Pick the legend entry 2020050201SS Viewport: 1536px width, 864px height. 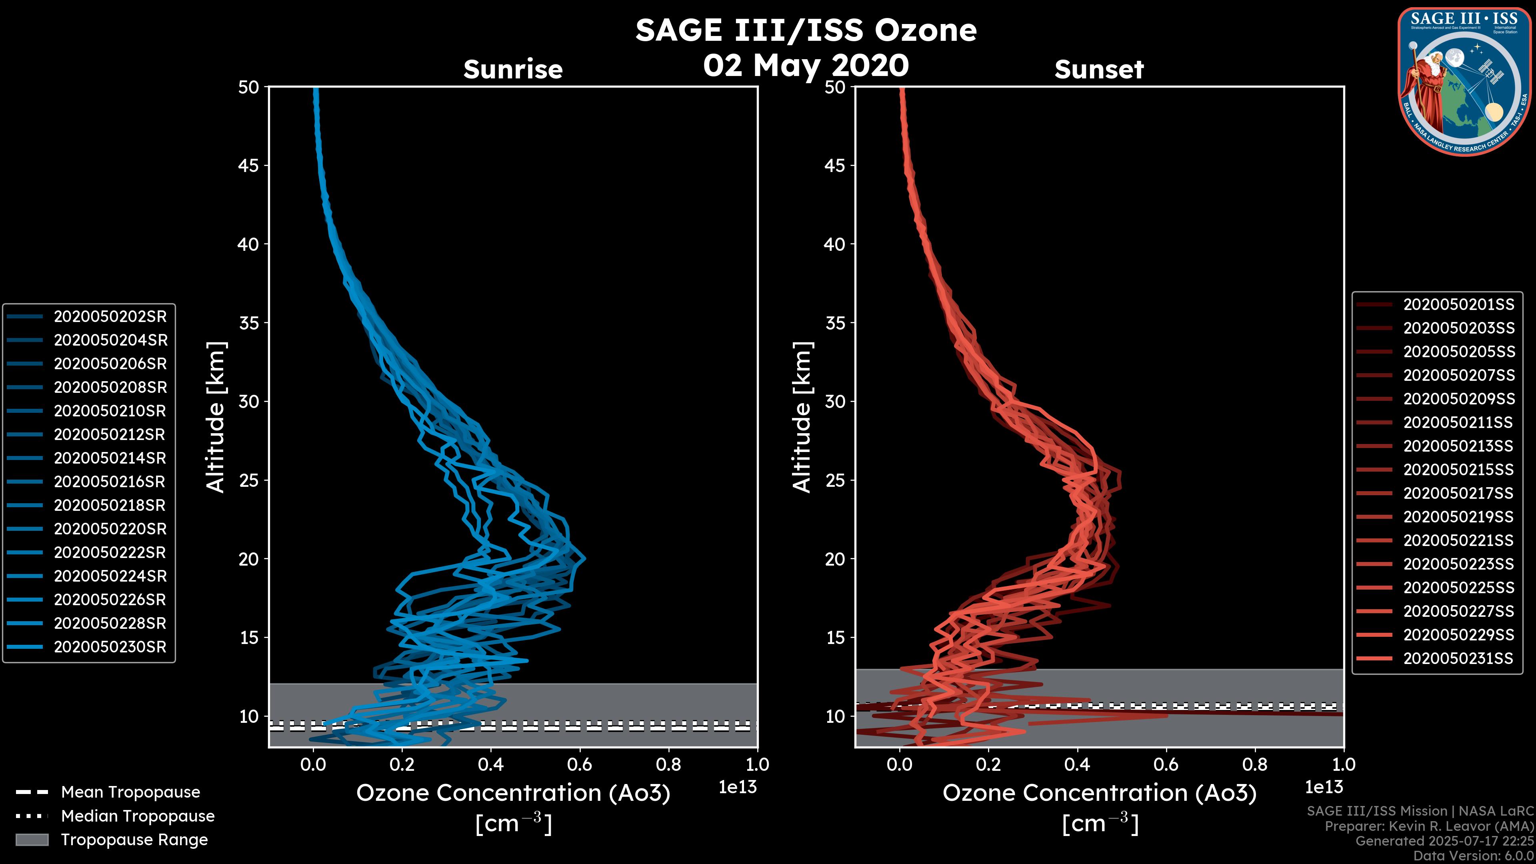tap(1458, 305)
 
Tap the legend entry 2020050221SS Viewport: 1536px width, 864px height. tap(1458, 540)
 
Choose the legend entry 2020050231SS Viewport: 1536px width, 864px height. tap(1458, 658)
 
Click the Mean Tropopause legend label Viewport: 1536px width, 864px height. tap(130, 792)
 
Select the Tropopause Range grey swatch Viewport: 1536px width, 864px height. tap(32, 840)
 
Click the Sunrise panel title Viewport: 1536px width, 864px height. tap(513, 69)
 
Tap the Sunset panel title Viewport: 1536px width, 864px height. tap(1099, 69)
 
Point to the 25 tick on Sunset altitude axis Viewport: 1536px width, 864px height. tap(835, 480)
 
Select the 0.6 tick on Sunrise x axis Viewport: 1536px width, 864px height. tap(580, 764)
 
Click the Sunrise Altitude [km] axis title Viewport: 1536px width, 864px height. tap(216, 417)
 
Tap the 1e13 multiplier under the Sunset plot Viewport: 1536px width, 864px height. tap(1324, 787)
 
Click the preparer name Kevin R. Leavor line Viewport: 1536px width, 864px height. tap(1429, 826)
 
